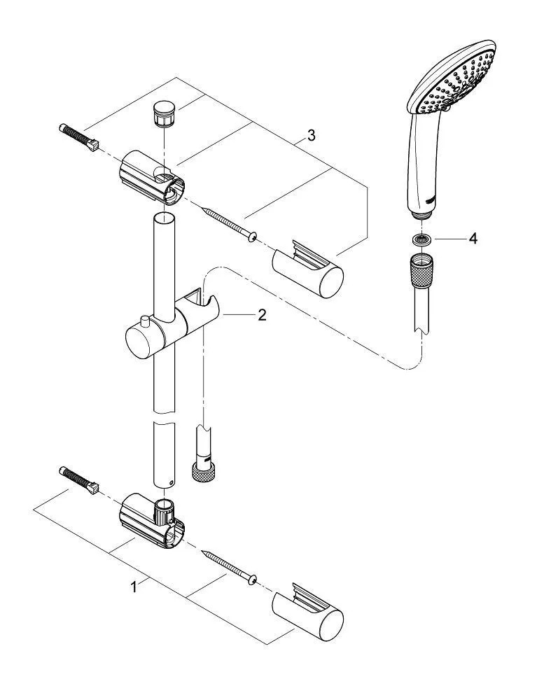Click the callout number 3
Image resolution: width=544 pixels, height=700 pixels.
coord(311,135)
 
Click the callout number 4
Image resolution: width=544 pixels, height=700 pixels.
coord(473,239)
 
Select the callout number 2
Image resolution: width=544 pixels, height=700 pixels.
coord(262,315)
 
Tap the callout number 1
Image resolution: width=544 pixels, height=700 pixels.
coord(134,587)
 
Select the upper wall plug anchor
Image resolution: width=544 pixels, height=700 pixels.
coord(78,137)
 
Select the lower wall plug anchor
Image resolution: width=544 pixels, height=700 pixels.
coord(78,480)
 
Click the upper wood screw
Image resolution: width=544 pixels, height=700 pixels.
coord(229,224)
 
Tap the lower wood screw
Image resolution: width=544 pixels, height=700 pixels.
coord(229,567)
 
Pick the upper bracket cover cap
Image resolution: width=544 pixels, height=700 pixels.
coord(308,269)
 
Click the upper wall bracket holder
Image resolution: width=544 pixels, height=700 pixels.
coord(151,177)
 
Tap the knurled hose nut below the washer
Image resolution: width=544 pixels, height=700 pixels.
coord(421,270)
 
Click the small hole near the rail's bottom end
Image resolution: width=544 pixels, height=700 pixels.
coord(170,482)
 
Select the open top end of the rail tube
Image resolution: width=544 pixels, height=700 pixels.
coord(164,218)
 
